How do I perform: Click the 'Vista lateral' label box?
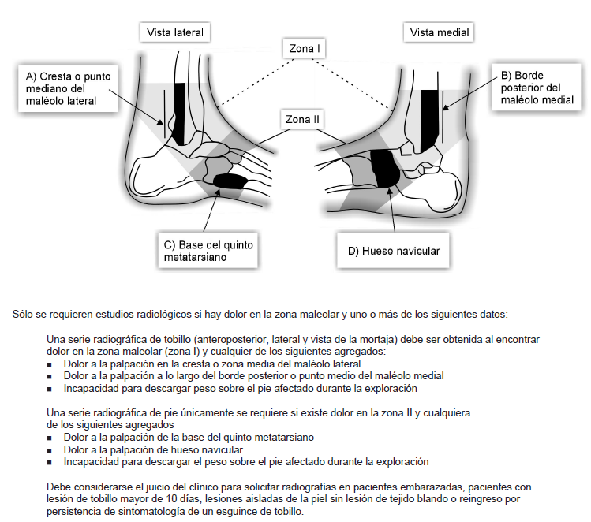175,32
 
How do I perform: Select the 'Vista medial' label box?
440,32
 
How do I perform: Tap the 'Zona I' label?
305,49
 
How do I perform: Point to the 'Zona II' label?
303,120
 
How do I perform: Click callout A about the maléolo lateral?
69,88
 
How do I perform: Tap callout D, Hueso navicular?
393,252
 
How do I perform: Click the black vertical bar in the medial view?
429,118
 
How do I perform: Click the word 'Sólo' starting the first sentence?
24,313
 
